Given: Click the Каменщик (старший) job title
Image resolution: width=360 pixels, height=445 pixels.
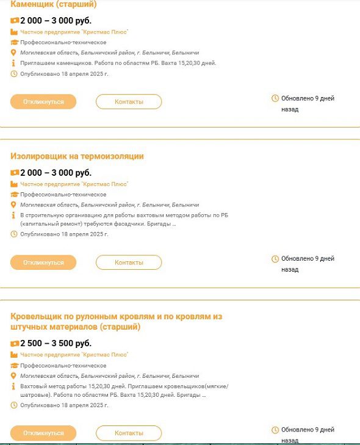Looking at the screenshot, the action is [54, 5].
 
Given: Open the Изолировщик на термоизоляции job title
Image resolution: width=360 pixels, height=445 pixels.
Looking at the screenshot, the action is [77, 156].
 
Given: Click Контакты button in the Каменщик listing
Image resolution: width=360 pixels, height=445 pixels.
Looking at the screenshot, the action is [129, 102].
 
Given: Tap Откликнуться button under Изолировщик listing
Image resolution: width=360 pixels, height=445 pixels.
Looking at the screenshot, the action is [43, 262].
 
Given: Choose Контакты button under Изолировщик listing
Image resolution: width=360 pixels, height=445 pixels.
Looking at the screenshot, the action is [129, 262].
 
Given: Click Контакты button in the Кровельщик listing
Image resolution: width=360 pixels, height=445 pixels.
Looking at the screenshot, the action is [129, 433].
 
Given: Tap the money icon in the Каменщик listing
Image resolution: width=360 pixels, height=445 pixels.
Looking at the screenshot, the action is [15, 21].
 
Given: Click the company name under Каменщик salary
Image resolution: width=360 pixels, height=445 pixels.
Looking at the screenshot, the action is [74, 32].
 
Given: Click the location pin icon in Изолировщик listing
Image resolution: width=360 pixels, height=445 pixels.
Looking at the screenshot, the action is [14, 205].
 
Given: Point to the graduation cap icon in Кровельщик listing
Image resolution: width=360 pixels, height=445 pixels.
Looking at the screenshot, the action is [15, 365].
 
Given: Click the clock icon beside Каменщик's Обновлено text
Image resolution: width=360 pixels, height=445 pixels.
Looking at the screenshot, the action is [275, 98].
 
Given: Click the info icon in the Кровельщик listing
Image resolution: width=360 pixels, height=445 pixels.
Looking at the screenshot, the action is [14, 386].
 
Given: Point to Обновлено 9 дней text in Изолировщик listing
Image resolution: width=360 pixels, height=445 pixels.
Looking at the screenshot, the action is [308, 259].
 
